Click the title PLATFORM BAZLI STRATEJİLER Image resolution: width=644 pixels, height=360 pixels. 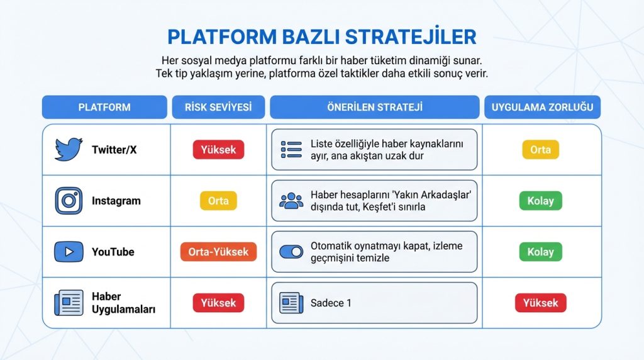tap(321, 37)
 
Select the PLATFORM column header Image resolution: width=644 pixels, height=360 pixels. tap(104, 107)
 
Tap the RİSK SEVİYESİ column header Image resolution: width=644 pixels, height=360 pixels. tap(218, 107)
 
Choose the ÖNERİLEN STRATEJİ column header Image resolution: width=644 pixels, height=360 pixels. tap(374, 107)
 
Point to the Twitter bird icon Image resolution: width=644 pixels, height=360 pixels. tap(69, 150)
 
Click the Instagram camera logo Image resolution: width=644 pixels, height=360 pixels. tap(69, 201)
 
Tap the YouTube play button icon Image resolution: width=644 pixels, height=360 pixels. tap(69, 252)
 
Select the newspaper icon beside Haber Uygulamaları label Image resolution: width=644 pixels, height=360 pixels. tap(69, 303)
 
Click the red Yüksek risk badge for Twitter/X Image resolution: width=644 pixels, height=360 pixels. tap(218, 150)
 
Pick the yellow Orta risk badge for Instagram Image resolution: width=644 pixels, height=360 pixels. tap(218, 201)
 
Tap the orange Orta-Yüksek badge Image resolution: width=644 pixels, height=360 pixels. tap(218, 252)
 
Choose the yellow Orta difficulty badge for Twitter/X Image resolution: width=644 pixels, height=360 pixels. tap(540, 150)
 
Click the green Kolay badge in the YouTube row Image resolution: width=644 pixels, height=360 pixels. tap(540, 252)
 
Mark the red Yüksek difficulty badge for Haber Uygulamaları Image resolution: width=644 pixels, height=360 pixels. tap(540, 303)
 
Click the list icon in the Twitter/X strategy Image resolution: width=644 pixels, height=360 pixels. tap(291, 150)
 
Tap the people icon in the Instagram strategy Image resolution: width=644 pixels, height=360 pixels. tap(291, 201)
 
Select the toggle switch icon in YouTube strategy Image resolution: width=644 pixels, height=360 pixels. tap(291, 252)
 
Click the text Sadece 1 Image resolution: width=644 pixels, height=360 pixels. tap(331, 303)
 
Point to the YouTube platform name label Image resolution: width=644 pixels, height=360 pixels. tap(113, 252)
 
